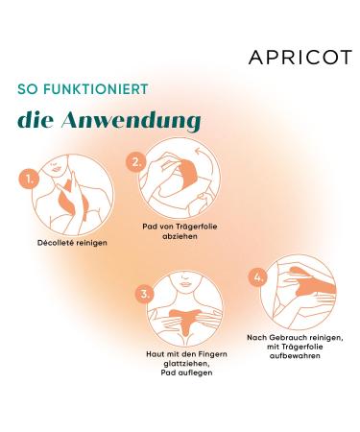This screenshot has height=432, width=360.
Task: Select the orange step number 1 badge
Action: (31, 179)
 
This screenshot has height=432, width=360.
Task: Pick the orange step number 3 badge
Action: (145, 293)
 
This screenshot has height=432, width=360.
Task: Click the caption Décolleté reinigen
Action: (64, 243)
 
